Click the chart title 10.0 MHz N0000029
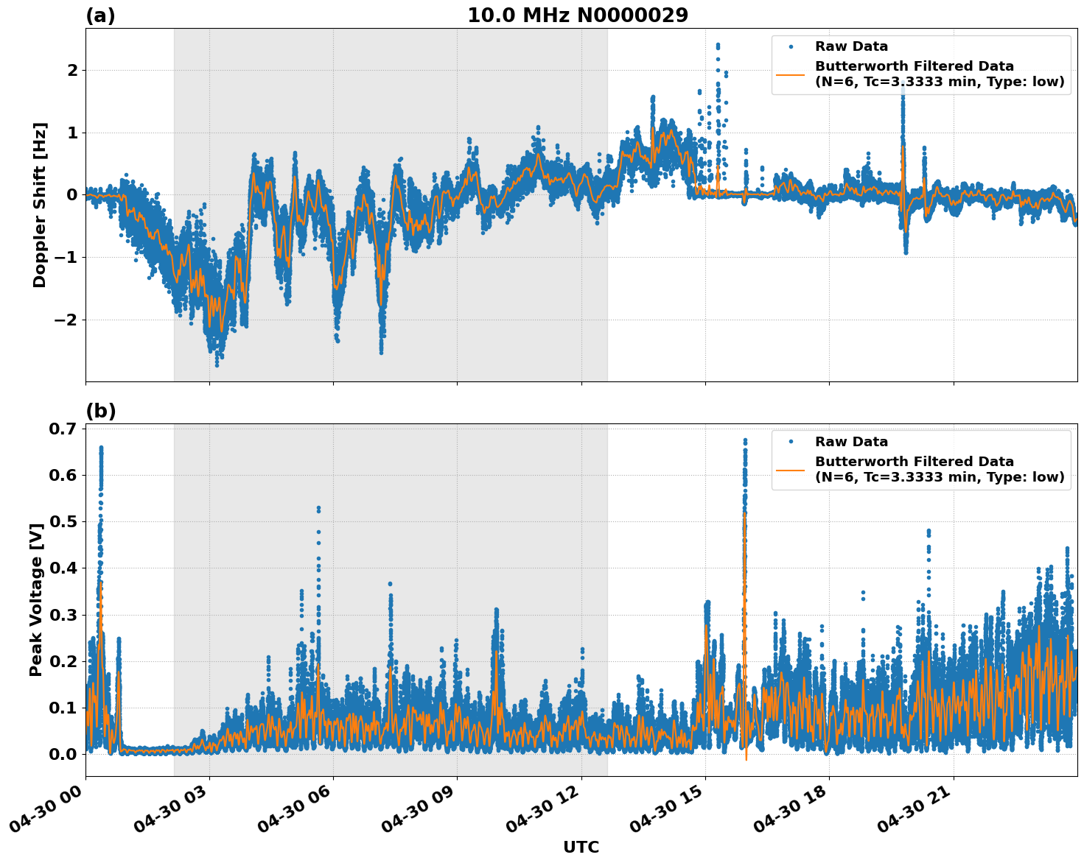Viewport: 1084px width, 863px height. tap(577, 15)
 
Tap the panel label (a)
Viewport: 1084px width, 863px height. tap(100, 15)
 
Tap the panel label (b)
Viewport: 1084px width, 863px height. tap(100, 411)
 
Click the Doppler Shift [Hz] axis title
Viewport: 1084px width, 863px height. tap(40, 205)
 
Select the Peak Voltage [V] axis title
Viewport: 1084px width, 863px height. tap(36, 599)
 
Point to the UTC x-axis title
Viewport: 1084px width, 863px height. tap(581, 847)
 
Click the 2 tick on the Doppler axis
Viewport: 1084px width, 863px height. tap(72, 71)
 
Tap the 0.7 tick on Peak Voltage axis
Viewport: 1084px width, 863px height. tap(63, 429)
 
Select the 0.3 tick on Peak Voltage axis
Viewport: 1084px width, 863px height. tap(63, 614)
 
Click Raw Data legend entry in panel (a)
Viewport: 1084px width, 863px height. tap(851, 46)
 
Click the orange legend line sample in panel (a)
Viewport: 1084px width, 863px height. tap(790, 74)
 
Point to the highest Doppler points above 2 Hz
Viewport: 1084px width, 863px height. tap(718, 46)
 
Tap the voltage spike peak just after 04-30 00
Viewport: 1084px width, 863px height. tap(101, 448)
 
